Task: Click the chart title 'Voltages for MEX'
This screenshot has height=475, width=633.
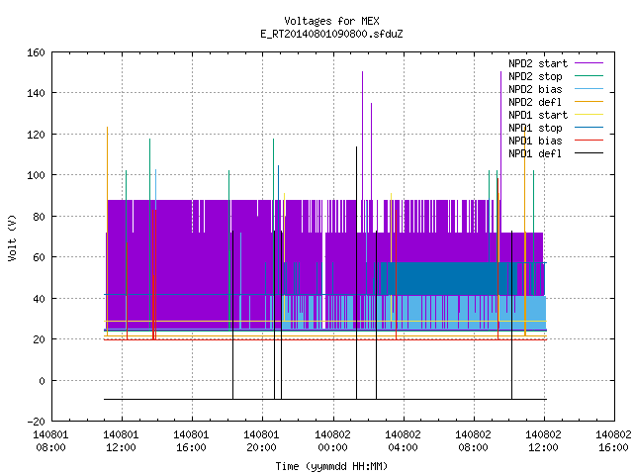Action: pos(331,21)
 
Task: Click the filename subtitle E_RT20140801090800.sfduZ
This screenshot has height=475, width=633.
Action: pos(331,34)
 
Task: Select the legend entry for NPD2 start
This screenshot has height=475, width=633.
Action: pos(556,63)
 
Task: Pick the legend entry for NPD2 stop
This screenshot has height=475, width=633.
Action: pos(556,76)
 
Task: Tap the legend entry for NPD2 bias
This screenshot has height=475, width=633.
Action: pos(556,89)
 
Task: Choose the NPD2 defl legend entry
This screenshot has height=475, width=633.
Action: pos(556,102)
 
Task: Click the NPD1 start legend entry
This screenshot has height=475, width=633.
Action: pos(556,115)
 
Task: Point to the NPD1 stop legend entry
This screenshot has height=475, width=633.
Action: pos(556,128)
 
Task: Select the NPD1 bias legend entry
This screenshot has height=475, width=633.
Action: pos(556,141)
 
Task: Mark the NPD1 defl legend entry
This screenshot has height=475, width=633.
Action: pos(556,154)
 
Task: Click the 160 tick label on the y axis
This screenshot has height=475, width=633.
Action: pos(36,52)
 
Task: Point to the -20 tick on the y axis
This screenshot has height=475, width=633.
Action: pos(36,422)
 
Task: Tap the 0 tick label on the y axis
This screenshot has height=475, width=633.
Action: pos(42,380)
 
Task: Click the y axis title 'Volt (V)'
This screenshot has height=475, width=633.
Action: pos(12,237)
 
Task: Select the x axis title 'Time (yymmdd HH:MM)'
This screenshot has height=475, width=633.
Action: pos(331,466)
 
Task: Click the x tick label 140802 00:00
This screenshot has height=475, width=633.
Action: pos(332,441)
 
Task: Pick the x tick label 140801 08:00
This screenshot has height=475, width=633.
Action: pos(50,441)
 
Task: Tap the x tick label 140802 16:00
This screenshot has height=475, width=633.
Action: pos(613,441)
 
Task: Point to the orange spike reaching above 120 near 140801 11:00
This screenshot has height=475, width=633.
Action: pos(108,231)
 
